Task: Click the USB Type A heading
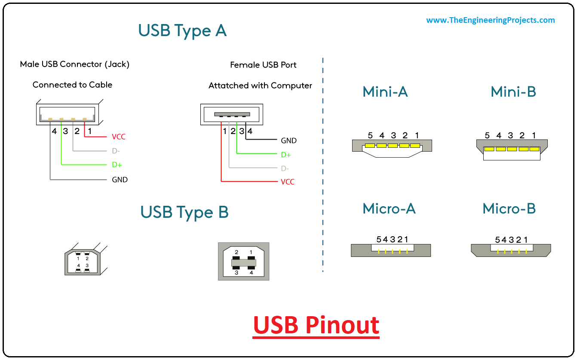[x=182, y=31]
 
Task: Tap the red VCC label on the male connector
[x=119, y=137]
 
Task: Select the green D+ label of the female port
[x=286, y=155]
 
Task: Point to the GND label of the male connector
[x=120, y=180]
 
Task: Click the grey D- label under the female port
[x=285, y=168]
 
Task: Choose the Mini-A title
[x=385, y=92]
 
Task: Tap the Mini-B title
[x=513, y=92]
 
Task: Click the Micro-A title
[x=389, y=208]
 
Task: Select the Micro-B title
[x=509, y=208]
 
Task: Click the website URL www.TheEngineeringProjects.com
[x=491, y=20]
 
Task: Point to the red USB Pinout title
[x=316, y=325]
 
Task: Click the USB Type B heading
[x=184, y=212]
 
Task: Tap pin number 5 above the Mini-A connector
[x=370, y=135]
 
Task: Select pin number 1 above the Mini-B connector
[x=534, y=135]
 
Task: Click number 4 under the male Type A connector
[x=54, y=131]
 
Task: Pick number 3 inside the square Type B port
[x=236, y=272]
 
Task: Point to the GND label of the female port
[x=289, y=140]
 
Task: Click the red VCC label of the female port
[x=288, y=182]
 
